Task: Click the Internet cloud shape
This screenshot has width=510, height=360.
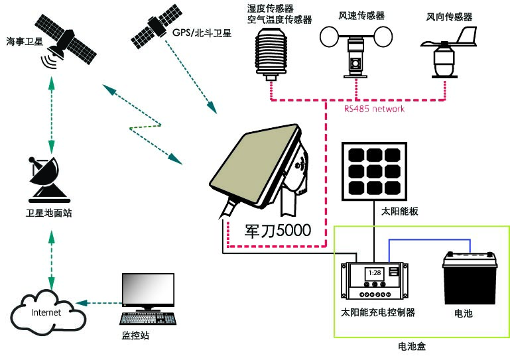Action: pyautogui.click(x=48, y=312)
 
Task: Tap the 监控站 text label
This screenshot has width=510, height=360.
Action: pyautogui.click(x=137, y=335)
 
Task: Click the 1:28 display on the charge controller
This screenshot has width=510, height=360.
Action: pyautogui.click(x=375, y=272)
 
